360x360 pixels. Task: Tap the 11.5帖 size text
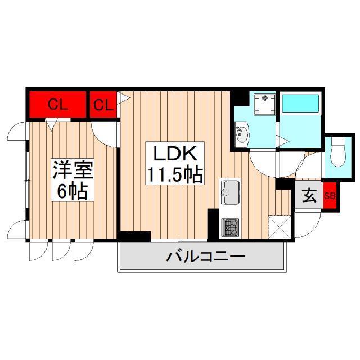[x=174, y=175]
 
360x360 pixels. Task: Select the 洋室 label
[x=73, y=170]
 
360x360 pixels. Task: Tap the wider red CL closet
[x=57, y=104]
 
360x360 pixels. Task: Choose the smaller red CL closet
[x=103, y=104]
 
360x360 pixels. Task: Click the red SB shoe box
[x=330, y=196]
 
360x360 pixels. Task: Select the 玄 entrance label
[x=309, y=195]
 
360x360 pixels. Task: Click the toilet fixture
[x=339, y=153]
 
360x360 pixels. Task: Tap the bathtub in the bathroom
[x=300, y=103]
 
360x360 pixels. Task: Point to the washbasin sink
[x=243, y=135]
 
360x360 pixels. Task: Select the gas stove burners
[x=229, y=227]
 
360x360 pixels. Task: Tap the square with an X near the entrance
[x=280, y=226]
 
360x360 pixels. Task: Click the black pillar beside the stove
[x=213, y=223]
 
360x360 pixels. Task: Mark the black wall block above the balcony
[x=134, y=236]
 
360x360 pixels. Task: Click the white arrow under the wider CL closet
[x=51, y=125]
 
